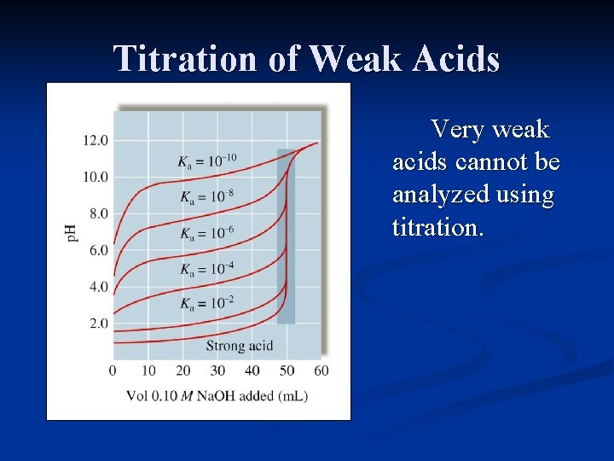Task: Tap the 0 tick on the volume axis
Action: [113, 371]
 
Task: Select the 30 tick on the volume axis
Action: [217, 371]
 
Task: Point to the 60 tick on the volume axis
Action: [321, 371]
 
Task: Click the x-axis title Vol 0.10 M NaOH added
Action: [217, 395]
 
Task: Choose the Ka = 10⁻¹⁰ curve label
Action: [207, 160]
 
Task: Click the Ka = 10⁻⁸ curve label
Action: [207, 197]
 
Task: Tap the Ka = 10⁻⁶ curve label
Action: [207, 233]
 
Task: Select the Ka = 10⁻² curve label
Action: [207, 303]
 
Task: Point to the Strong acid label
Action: [239, 346]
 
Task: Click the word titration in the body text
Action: [437, 227]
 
